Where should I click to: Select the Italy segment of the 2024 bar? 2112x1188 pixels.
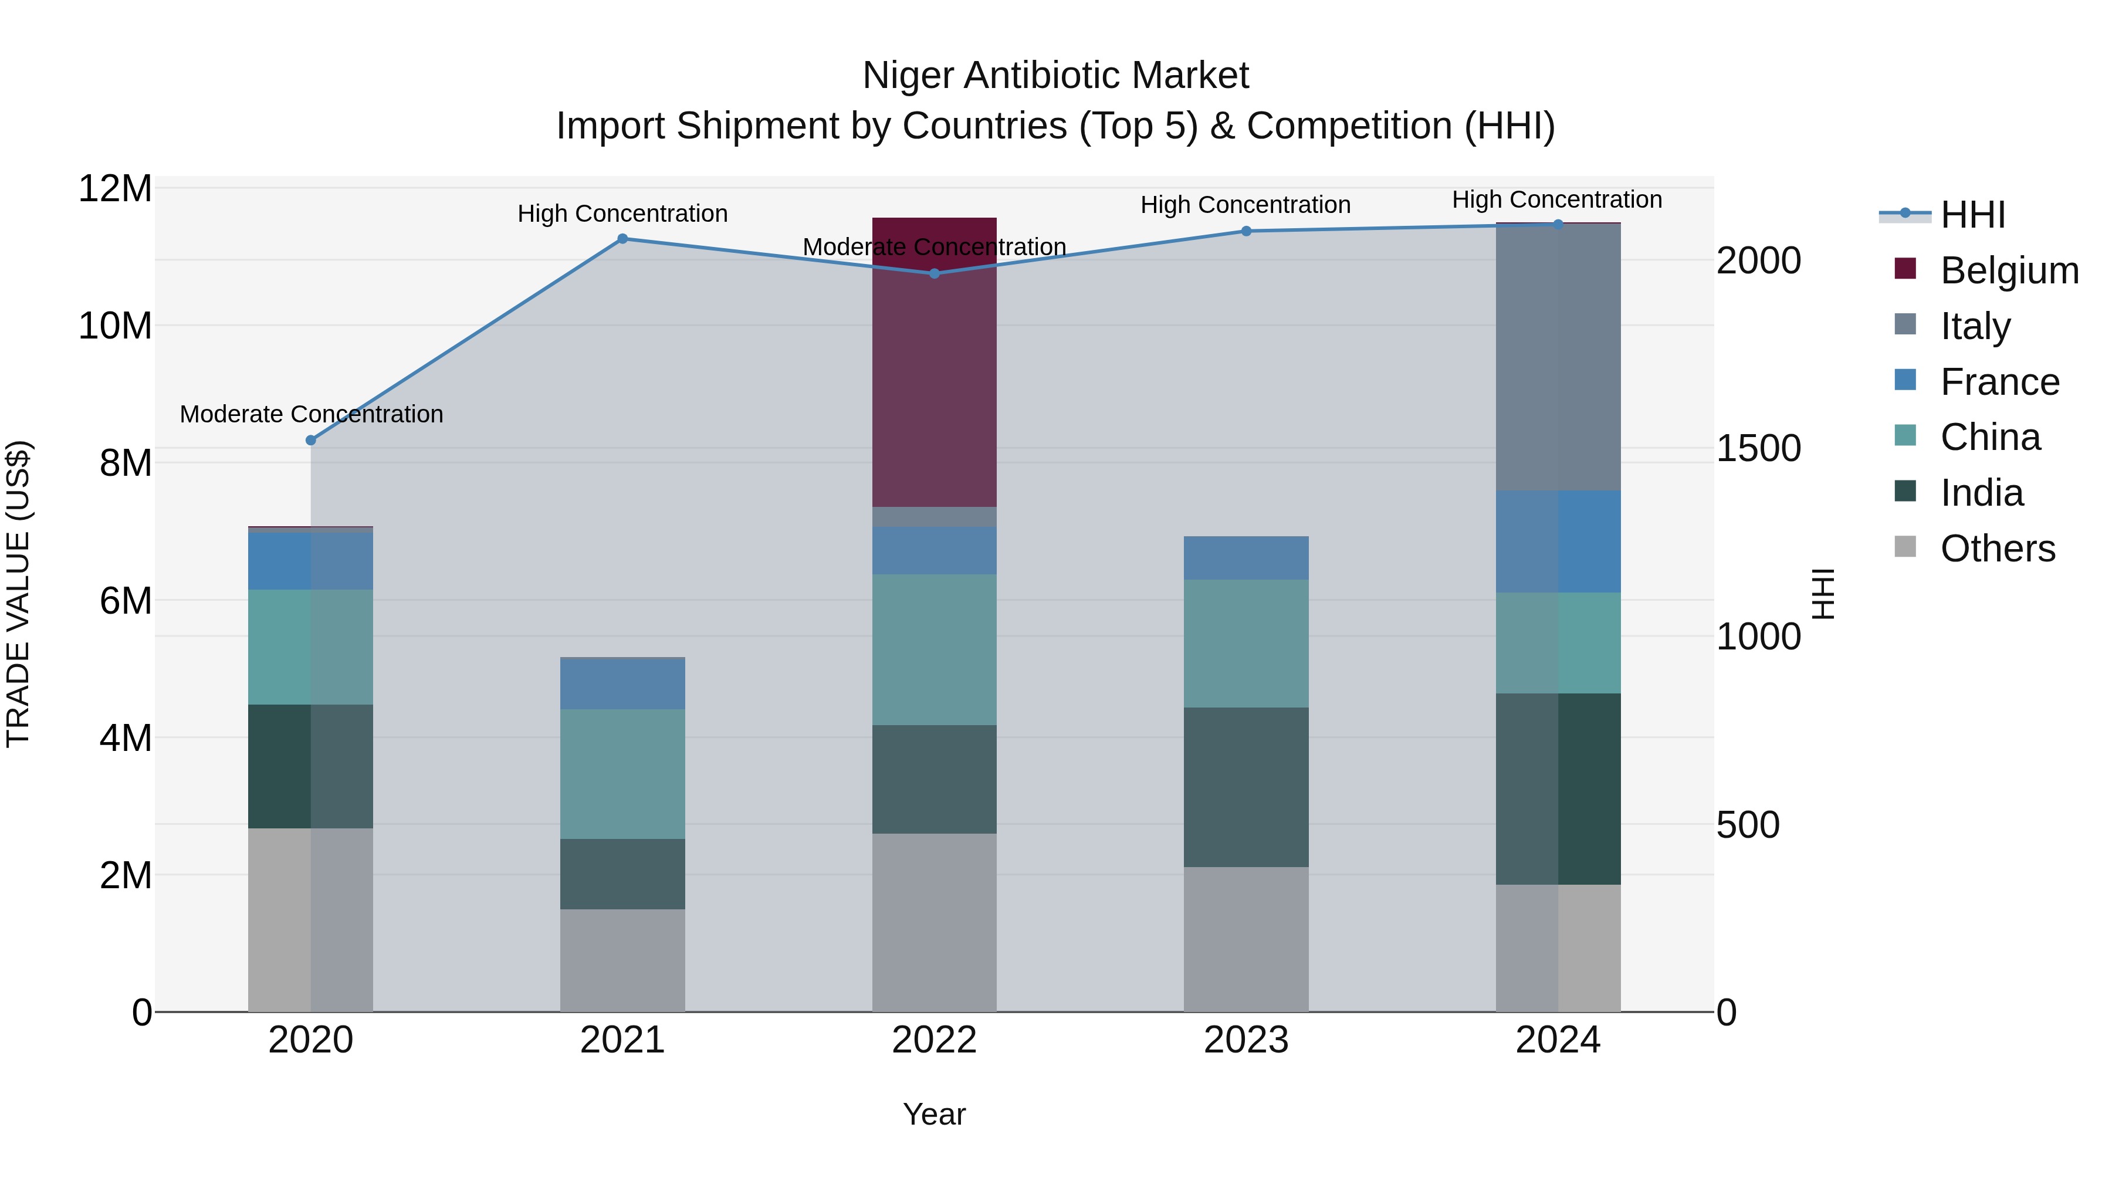coord(1558,357)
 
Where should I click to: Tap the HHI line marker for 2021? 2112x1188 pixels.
coord(622,239)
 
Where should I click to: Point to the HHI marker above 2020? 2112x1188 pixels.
coord(311,440)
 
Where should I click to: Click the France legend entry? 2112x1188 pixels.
coord(1999,382)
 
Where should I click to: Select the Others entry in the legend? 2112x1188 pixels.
coord(1997,549)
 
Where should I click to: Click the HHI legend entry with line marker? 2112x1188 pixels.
coord(1972,215)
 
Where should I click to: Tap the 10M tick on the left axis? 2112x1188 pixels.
coord(115,326)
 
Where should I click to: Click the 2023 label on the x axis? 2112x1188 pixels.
coord(1245,1040)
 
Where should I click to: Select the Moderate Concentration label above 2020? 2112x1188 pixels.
coord(311,414)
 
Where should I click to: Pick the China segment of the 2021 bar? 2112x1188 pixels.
coord(622,773)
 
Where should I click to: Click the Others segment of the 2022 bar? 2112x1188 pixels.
coord(934,922)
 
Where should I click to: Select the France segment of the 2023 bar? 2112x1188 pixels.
coord(1245,559)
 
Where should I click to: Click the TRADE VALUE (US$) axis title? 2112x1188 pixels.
coord(18,594)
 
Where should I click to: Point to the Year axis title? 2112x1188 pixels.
coord(934,1114)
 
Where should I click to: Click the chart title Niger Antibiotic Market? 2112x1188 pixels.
coord(1055,76)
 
